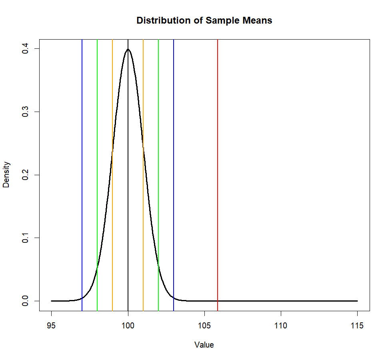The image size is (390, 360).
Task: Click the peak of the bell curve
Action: (x=128, y=49)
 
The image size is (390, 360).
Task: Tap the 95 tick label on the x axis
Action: (x=52, y=326)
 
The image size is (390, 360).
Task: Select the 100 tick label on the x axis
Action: (x=128, y=326)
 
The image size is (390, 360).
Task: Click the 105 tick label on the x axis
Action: (x=204, y=326)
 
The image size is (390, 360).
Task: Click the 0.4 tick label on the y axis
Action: (x=25, y=49)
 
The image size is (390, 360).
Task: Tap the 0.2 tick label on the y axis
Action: (x=25, y=175)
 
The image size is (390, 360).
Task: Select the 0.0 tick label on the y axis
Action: (x=25, y=301)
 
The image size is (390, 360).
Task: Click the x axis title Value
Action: (x=204, y=345)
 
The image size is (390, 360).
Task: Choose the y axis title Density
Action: (x=6, y=174)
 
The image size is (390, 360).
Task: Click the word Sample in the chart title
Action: (x=221, y=20)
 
